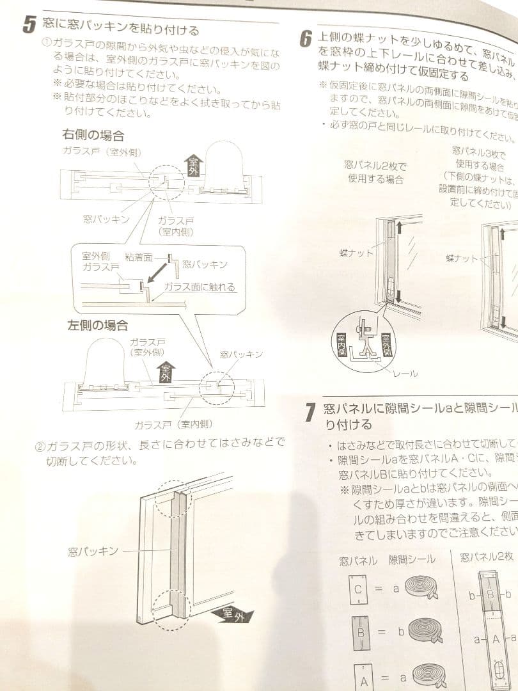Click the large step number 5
pos(29,25)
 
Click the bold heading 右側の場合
pos(93,136)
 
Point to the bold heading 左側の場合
pos(98,325)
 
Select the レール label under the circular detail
pos(405,373)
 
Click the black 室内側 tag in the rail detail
pos(341,346)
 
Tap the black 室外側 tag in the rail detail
pos(386,345)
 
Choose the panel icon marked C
pos(357,589)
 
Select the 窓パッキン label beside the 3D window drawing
pos(93,551)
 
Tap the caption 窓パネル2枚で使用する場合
pos(375,173)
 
